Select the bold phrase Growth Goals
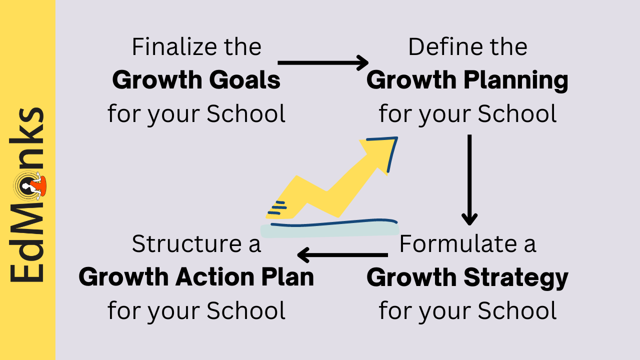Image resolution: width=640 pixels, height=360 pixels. coord(196,80)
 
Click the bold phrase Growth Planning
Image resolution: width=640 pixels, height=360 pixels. coord(467,80)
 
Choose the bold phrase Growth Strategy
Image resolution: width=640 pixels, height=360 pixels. coord(467,278)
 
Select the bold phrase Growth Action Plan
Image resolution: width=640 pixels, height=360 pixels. coord(196,278)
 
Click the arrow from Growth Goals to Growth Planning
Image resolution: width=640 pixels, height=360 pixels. coord(323,62)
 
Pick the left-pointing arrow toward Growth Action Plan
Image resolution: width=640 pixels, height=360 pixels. coord(342,255)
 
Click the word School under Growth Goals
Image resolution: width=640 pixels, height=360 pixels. coord(246,114)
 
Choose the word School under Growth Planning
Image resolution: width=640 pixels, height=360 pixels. coord(517,114)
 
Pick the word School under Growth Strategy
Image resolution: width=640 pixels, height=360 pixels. coord(517,310)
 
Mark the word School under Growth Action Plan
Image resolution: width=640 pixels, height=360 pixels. coord(246,310)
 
